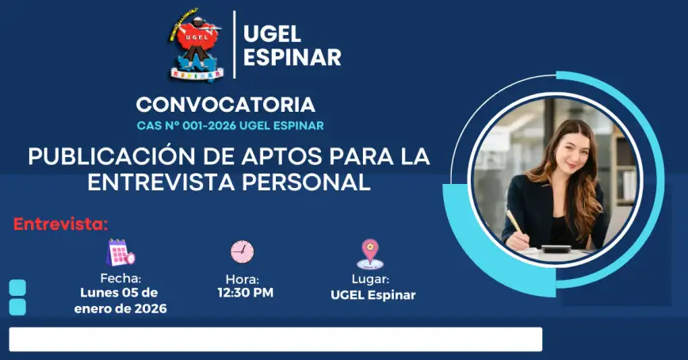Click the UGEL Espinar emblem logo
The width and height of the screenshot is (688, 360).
pyautogui.click(x=196, y=44)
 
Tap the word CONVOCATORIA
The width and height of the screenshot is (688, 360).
pyautogui.click(x=226, y=105)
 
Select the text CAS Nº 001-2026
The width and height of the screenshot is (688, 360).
pyautogui.click(x=186, y=125)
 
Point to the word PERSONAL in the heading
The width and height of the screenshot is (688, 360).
pyautogui.click(x=306, y=182)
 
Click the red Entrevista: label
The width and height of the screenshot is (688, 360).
pyautogui.click(x=60, y=224)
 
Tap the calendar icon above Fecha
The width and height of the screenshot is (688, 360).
pyautogui.click(x=120, y=252)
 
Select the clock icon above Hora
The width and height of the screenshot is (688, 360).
pyautogui.click(x=243, y=252)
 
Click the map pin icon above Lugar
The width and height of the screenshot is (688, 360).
pyautogui.click(x=370, y=254)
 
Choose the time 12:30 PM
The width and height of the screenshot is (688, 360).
pyautogui.click(x=245, y=293)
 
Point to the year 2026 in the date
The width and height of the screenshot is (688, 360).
pyautogui.click(x=150, y=308)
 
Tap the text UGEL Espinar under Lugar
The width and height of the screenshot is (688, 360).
pyautogui.click(x=373, y=295)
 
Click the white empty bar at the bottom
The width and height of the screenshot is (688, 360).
pyautogui.click(x=276, y=339)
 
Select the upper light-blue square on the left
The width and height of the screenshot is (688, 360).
pyautogui.click(x=17, y=288)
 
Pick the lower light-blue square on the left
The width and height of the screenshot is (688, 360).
pyautogui.click(x=17, y=308)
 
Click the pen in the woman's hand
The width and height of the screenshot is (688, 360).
pyautogui.click(x=514, y=221)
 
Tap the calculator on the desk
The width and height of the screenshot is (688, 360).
pyautogui.click(x=556, y=249)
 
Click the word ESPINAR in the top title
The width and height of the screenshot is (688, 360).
pyautogui.click(x=292, y=58)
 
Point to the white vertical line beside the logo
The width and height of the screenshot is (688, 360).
pyautogui.click(x=235, y=44)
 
